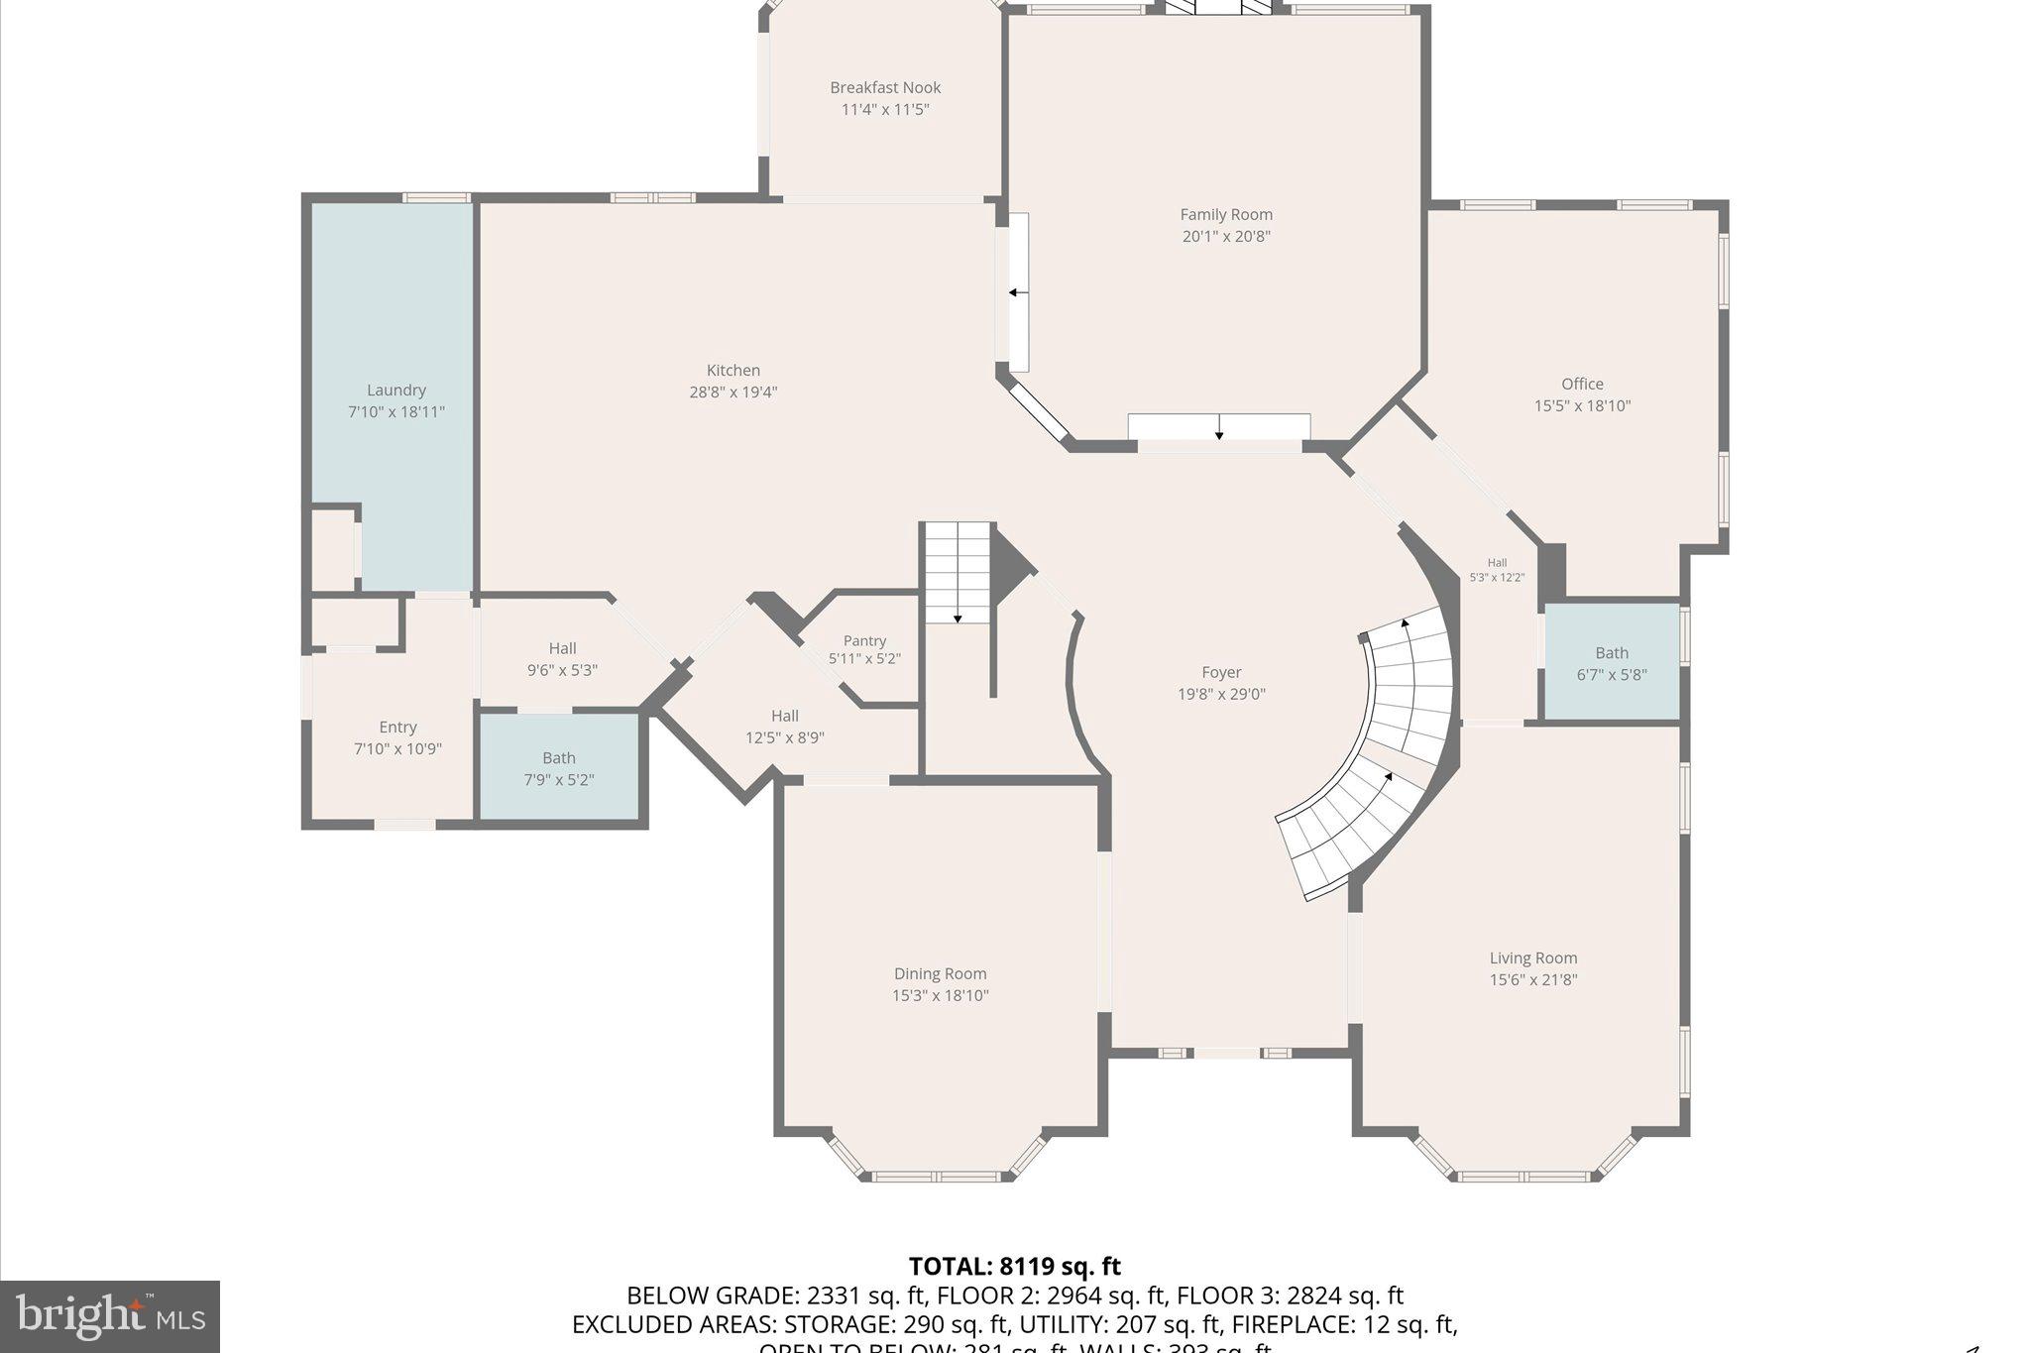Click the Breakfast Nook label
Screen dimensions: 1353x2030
point(885,88)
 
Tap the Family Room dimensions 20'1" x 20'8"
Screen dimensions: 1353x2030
point(1225,237)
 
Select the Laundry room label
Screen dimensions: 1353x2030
point(396,391)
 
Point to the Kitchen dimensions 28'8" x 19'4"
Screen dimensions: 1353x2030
point(733,393)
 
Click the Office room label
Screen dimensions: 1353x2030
point(1582,385)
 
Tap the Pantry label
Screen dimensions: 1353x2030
point(864,641)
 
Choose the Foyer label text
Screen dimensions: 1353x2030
point(1221,673)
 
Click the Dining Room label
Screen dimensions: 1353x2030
point(940,974)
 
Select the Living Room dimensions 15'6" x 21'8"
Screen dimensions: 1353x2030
point(1532,980)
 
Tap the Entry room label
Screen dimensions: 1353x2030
point(397,728)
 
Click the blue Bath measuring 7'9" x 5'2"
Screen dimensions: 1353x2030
point(559,768)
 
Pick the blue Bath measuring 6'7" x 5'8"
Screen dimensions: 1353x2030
point(1612,663)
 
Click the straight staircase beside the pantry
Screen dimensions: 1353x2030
point(958,573)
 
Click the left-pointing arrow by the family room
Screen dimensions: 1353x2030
point(1017,292)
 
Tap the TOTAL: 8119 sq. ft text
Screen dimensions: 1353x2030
point(1014,1267)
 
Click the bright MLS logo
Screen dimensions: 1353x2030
point(110,1316)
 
